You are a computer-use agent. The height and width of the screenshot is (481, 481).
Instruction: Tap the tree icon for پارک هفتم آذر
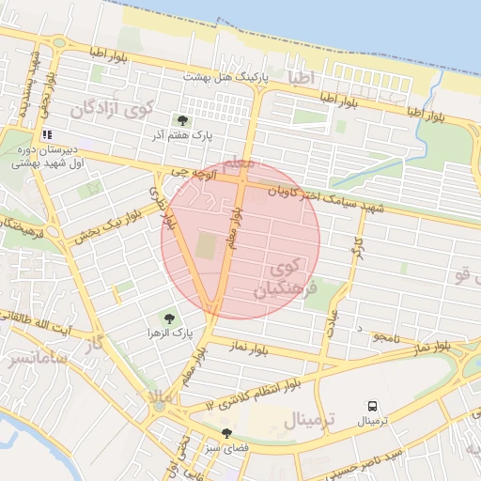pos(182,120)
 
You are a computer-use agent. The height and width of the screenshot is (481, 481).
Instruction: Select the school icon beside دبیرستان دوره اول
pos(47,134)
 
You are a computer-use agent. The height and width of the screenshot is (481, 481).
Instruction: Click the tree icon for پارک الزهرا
pos(169,319)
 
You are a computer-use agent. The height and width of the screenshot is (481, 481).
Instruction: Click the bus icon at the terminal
pos(373,406)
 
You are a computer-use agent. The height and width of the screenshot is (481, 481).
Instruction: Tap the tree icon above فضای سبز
pos(226,433)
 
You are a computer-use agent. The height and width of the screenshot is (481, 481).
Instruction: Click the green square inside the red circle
pos(207,246)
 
